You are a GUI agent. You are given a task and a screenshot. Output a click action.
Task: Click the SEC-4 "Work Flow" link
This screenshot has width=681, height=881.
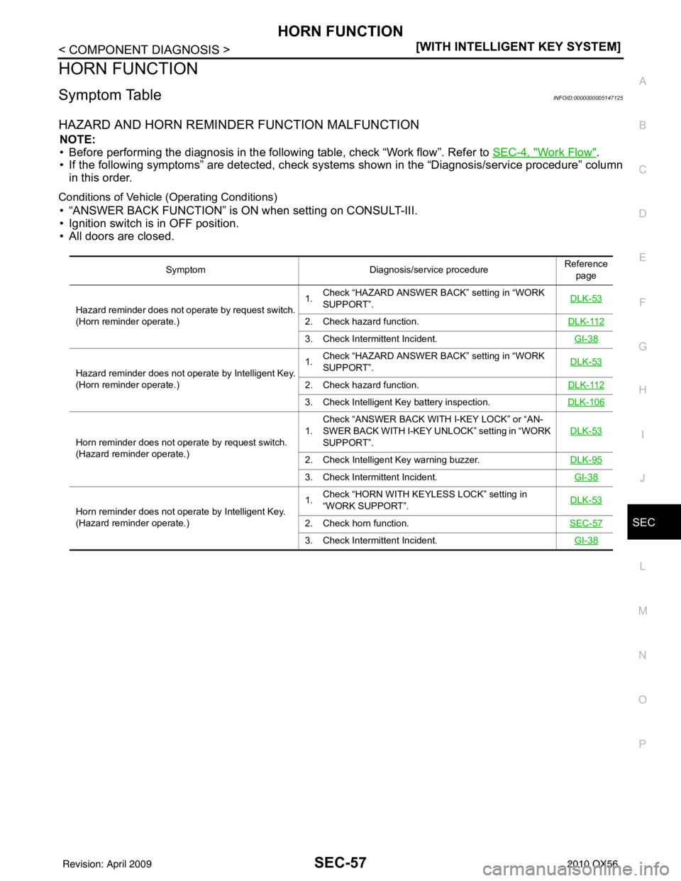click(544, 153)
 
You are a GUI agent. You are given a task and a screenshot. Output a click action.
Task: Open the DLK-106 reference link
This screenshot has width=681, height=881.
click(586, 402)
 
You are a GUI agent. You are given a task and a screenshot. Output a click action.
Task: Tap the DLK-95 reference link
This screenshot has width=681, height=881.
click(586, 460)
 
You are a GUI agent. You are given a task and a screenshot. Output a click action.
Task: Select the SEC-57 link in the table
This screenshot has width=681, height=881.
click(586, 523)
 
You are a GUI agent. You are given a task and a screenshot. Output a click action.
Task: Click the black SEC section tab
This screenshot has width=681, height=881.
click(654, 522)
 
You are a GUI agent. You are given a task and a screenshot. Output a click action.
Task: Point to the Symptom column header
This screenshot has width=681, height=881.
click(185, 270)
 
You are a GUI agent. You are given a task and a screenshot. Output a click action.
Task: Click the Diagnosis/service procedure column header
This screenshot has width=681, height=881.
click(428, 270)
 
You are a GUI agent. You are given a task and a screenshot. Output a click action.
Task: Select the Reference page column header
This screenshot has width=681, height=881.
click(586, 270)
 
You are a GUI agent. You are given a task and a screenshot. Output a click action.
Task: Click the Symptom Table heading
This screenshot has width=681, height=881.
click(110, 95)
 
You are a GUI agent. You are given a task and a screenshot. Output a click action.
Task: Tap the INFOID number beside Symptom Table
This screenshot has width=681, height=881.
click(588, 98)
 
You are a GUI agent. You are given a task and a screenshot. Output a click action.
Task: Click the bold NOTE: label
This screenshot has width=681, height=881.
click(77, 140)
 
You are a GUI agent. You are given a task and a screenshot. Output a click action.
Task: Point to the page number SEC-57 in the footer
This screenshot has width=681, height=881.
click(340, 863)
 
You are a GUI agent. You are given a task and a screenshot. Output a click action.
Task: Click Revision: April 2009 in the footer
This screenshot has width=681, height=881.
click(107, 864)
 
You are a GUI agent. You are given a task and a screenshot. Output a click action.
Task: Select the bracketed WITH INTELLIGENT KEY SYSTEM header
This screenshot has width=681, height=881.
click(518, 47)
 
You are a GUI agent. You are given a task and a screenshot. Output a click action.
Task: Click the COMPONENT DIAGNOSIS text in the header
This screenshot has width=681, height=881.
click(144, 50)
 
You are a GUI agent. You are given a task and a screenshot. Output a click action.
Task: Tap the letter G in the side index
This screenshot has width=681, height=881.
click(643, 346)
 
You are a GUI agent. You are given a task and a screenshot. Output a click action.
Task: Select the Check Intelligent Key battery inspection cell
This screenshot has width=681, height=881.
click(397, 402)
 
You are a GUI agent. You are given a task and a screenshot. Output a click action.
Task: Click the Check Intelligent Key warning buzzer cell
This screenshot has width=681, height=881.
click(392, 460)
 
